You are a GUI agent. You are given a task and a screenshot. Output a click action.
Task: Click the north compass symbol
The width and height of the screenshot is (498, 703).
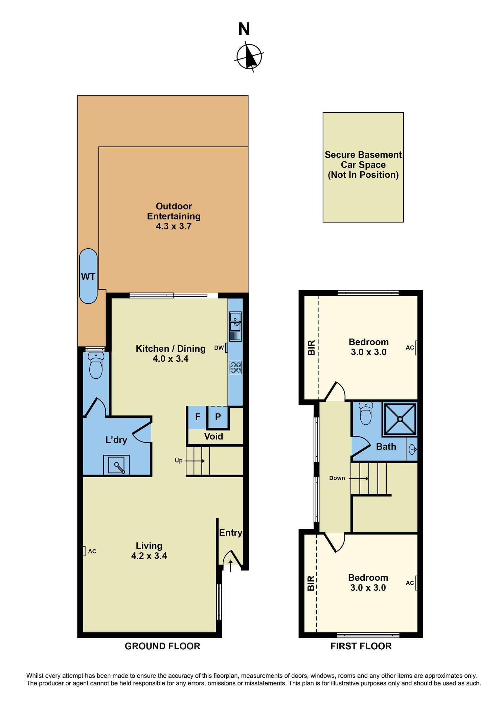(x=249, y=56)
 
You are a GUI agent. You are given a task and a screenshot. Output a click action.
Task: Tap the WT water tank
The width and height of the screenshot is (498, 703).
(x=88, y=276)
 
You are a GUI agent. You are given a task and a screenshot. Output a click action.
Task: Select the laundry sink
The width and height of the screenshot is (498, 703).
(x=116, y=465)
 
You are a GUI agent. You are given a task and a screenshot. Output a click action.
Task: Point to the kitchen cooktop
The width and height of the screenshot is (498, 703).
(x=235, y=368)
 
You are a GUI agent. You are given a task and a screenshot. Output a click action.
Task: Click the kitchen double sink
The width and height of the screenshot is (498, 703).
(x=235, y=321)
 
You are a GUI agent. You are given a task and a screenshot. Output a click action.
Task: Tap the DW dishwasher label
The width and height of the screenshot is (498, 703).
(x=219, y=348)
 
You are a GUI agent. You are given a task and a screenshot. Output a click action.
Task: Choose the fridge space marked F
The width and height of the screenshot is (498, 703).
(x=198, y=417)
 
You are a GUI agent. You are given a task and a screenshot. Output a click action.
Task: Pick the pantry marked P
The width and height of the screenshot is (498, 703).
(x=218, y=417)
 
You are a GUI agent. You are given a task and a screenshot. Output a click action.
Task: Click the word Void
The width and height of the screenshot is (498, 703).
(x=213, y=436)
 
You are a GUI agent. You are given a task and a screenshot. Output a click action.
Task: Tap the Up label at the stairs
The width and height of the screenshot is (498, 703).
(x=179, y=460)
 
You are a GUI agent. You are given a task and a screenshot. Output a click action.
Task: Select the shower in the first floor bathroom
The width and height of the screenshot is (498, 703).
(x=400, y=419)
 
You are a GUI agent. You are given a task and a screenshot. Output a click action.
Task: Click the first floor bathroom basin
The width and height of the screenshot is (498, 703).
(x=412, y=450)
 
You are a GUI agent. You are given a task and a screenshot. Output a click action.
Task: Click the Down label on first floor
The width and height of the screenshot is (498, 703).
(x=337, y=478)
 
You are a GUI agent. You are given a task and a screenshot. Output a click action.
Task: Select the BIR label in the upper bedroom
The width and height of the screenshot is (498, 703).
(x=311, y=348)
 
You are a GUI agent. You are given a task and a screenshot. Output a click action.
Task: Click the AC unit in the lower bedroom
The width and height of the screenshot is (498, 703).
(x=416, y=583)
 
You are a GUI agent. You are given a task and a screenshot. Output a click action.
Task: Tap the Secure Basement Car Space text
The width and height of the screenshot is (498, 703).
(x=363, y=165)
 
